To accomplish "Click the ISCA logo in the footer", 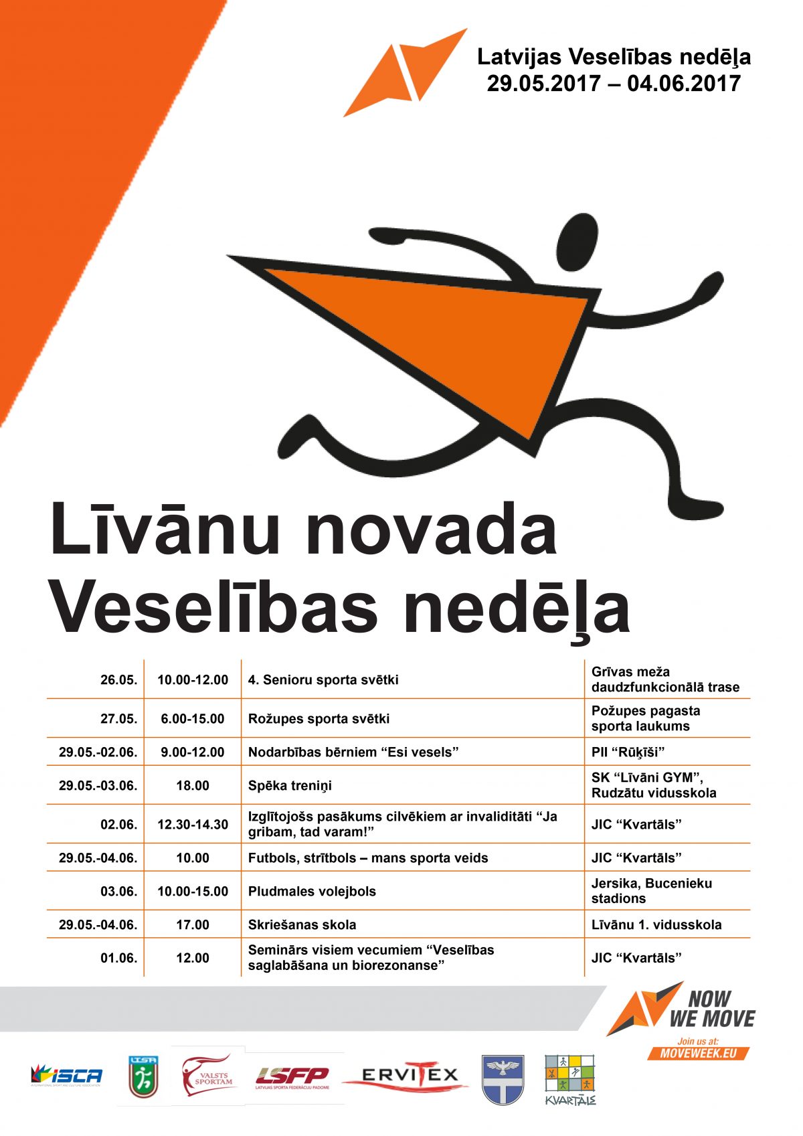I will (x=66, y=1076).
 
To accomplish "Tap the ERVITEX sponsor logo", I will (x=410, y=1076).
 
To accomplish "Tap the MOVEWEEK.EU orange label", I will (x=698, y=1053).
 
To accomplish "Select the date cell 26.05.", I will (x=118, y=680).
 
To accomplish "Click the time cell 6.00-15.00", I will (x=193, y=719).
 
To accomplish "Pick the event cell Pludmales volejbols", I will (x=312, y=892).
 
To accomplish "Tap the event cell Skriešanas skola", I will (x=302, y=925).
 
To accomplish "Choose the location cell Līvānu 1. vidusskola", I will (x=656, y=925).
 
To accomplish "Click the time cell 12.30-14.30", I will (x=193, y=825).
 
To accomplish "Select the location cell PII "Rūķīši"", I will (x=628, y=752).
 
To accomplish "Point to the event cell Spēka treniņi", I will (x=290, y=786).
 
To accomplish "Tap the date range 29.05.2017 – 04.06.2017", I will (x=614, y=84).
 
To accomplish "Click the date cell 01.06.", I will (x=118, y=959).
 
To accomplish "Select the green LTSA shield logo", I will (x=143, y=1077).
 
